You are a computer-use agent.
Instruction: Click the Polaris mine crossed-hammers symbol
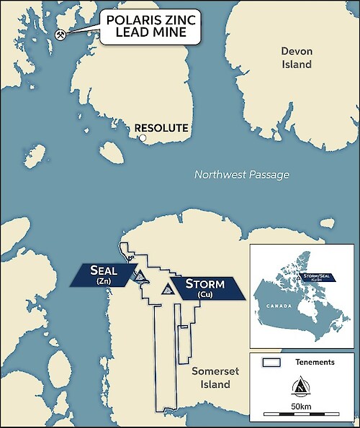coord(61,35)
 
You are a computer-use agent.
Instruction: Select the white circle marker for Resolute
coord(143,137)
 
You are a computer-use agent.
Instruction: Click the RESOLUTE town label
coord(161,128)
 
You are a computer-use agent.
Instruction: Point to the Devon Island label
coord(297,58)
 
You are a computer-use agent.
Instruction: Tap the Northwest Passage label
coord(241,176)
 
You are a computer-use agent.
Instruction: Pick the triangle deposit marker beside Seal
coord(141,276)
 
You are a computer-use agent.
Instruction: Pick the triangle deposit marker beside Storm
coord(168,289)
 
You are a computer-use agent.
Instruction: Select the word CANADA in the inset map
coord(278,306)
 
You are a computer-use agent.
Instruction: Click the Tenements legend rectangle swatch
coord(270,362)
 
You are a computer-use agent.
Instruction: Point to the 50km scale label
coord(301,406)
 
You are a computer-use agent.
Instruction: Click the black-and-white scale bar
coord(301,415)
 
